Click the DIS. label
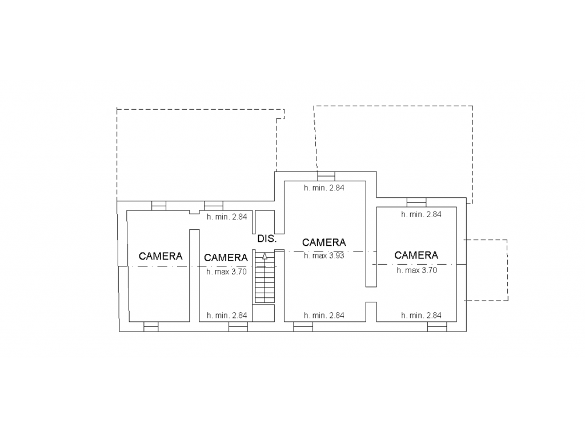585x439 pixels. (267, 238)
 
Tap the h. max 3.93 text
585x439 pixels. (324, 256)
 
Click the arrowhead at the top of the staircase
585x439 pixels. (265, 256)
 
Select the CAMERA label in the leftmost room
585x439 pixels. (161, 256)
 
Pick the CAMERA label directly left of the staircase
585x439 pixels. (226, 258)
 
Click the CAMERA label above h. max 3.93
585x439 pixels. (324, 242)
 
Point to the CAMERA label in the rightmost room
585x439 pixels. (416, 256)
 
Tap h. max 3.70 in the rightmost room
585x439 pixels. (416, 270)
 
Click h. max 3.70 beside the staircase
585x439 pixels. (226, 272)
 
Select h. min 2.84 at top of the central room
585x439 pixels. (324, 187)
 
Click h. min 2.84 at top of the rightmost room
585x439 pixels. (421, 214)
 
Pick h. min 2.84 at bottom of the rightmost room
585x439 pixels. (421, 316)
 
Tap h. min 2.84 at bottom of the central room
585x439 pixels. (324, 316)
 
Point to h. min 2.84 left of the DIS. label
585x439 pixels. (227, 217)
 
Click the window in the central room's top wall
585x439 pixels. (326, 176)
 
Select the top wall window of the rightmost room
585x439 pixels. (416, 202)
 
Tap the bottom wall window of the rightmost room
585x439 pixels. (437, 326)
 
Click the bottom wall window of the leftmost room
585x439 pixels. (151, 326)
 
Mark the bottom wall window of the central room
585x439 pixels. (303, 326)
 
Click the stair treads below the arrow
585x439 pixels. (265, 282)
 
